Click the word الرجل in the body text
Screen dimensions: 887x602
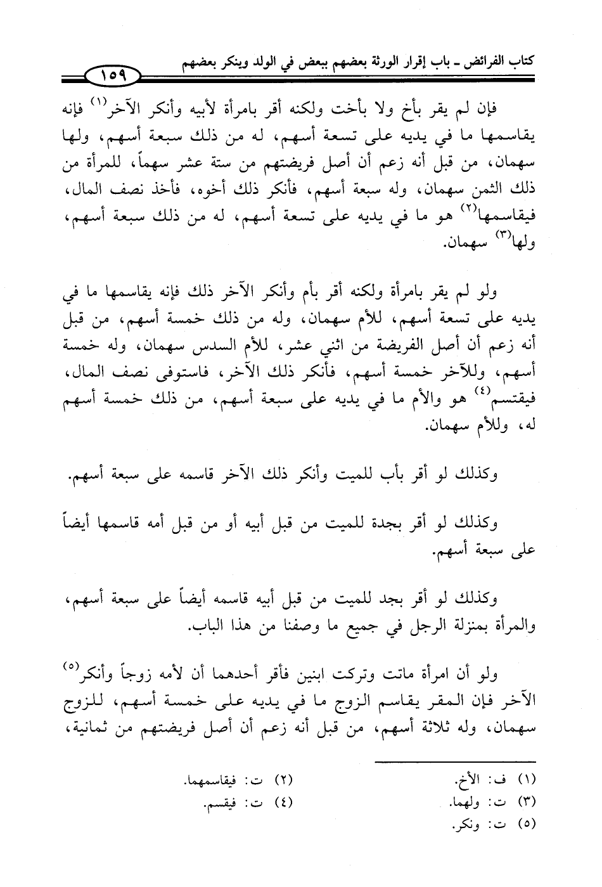click(x=399, y=626)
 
